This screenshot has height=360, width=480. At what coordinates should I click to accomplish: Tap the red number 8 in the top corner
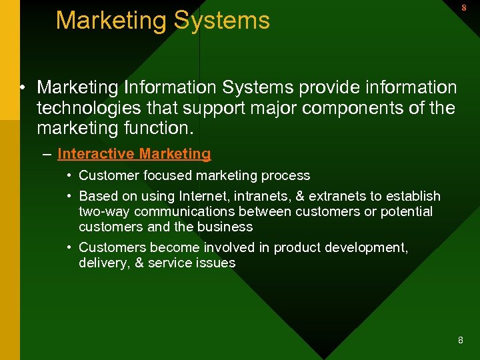click(463, 8)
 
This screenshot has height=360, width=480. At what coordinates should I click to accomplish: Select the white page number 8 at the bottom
click(460, 341)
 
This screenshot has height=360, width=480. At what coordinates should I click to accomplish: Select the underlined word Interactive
click(95, 154)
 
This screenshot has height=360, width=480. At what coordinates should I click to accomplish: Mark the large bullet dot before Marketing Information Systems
click(23, 88)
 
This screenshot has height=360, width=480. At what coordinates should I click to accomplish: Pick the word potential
click(407, 211)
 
